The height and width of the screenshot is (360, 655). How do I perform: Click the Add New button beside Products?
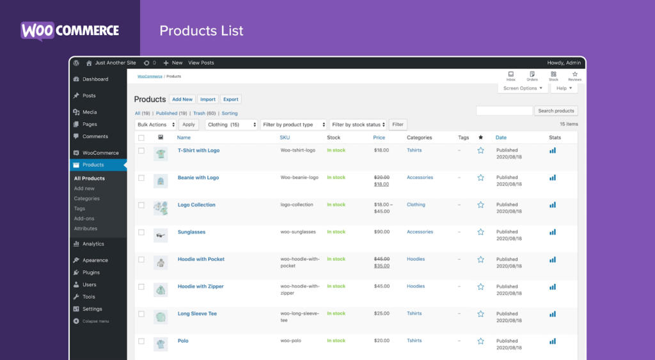coord(182,99)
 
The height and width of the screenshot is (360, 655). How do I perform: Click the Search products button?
coord(556,111)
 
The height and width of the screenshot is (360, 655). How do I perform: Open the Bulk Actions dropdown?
coord(155,125)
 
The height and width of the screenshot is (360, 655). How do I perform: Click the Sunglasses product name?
coord(191,232)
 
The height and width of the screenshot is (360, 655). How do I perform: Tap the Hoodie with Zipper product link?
coord(201,286)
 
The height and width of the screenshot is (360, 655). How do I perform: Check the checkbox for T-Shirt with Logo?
coord(141,151)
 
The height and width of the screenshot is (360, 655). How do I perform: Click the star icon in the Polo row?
coord(480,341)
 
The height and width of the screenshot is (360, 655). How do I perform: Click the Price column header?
coord(379,137)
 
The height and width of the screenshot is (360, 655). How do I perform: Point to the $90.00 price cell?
coord(382,232)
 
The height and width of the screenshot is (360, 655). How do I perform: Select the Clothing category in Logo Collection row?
coord(416,205)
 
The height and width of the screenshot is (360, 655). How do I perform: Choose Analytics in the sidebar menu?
coord(93,244)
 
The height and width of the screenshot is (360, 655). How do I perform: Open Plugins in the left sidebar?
coord(91,272)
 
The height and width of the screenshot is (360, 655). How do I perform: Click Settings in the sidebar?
coord(92,309)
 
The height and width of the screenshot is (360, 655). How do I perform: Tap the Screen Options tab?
coord(523,88)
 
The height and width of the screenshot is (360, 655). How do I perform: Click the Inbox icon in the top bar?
coord(510,75)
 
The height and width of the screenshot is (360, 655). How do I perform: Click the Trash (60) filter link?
coord(205,113)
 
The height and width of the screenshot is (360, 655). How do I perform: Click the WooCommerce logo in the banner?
coord(70,31)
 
